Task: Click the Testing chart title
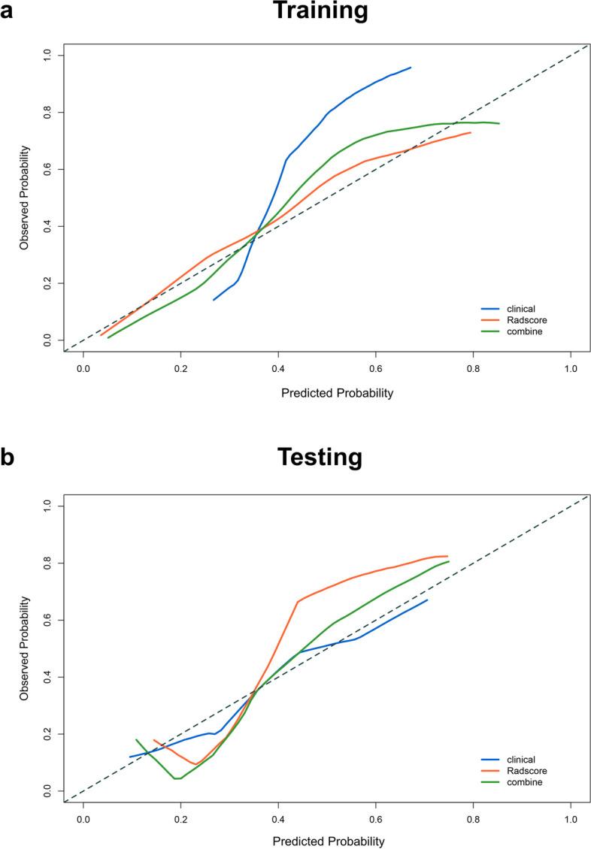pos(320,456)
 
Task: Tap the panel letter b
pos(7,457)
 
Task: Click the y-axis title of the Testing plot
pos(25,648)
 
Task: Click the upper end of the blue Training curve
pos(411,68)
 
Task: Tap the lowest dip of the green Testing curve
pos(177,778)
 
